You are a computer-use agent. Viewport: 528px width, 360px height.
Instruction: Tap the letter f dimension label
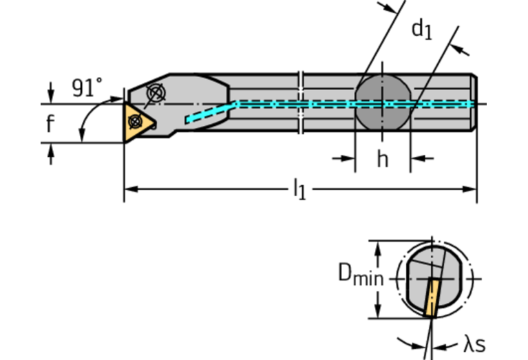pos(50,125)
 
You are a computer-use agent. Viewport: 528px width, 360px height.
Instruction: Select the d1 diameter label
pos(421,29)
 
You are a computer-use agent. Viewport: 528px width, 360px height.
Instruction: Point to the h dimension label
pos(382,159)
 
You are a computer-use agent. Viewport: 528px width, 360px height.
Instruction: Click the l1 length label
pos(299,188)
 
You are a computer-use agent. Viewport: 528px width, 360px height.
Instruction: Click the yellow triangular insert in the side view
pos(138,121)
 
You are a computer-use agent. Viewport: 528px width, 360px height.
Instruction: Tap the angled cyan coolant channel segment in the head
pos(211,112)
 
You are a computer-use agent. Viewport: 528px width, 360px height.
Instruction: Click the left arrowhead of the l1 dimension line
pos(129,188)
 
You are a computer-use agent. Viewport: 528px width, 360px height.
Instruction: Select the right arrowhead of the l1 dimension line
pos(472,188)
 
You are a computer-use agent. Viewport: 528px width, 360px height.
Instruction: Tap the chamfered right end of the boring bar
pos(474,103)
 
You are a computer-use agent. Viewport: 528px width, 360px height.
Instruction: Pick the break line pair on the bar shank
pos(301,103)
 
